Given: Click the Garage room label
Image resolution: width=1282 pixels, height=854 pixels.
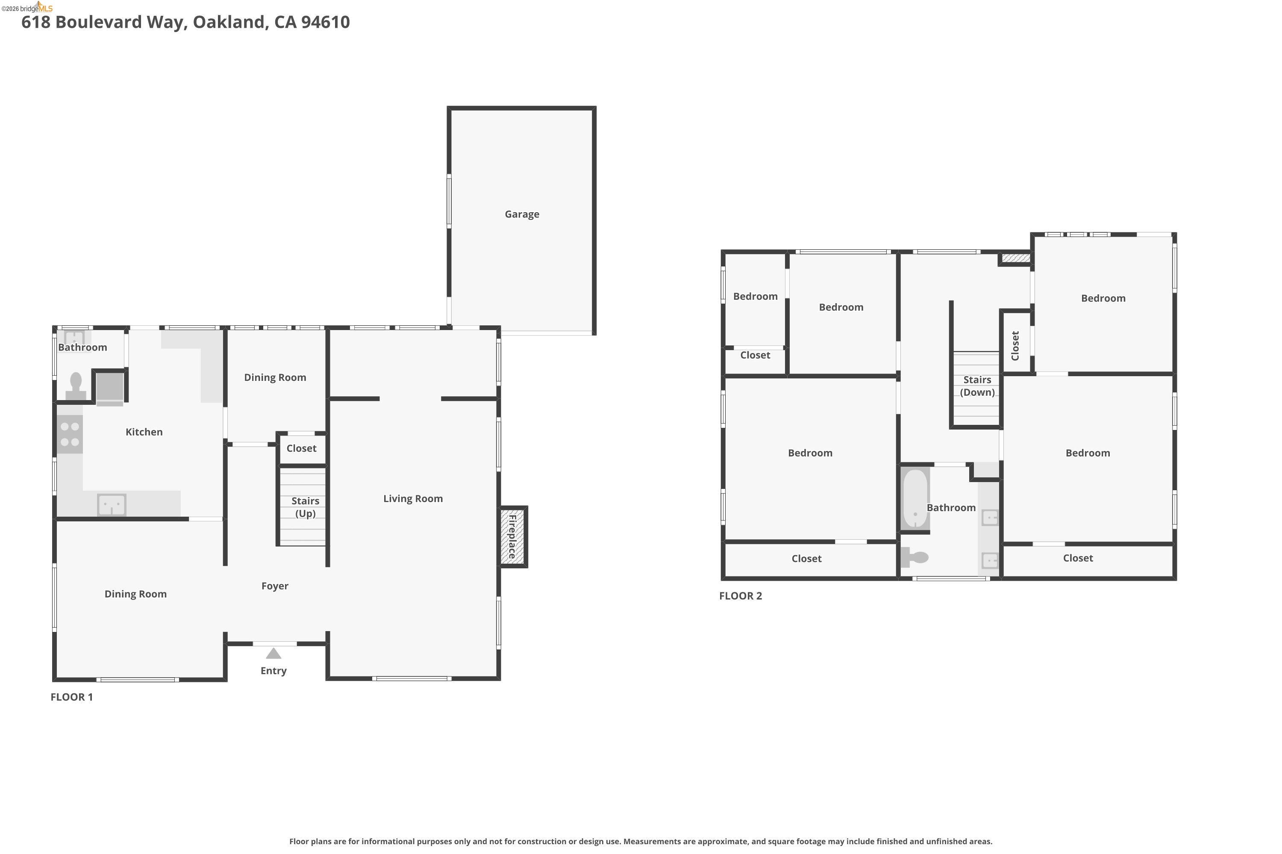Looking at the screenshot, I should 522,214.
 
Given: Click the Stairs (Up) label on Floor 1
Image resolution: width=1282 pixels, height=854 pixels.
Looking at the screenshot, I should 305,507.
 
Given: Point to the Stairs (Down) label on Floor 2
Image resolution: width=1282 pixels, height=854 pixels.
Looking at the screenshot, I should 977,386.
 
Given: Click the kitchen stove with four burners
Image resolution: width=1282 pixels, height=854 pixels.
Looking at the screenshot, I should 70,434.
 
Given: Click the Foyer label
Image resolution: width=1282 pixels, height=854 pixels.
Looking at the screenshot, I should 275,586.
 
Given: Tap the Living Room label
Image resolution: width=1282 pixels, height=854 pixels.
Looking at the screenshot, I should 413,498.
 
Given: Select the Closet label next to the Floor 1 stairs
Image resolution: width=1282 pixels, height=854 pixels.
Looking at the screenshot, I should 301,448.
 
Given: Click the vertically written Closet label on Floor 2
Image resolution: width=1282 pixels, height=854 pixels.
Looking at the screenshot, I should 1015,346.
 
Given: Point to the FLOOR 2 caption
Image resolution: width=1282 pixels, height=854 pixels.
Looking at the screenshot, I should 740,596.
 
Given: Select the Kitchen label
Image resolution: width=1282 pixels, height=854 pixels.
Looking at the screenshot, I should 144,432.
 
